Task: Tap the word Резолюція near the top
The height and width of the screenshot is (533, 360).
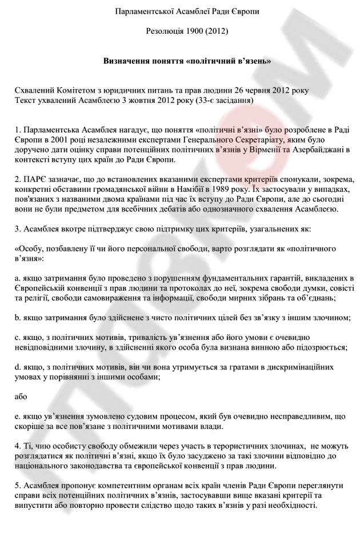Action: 163,31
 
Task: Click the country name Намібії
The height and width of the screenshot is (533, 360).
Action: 221,189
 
